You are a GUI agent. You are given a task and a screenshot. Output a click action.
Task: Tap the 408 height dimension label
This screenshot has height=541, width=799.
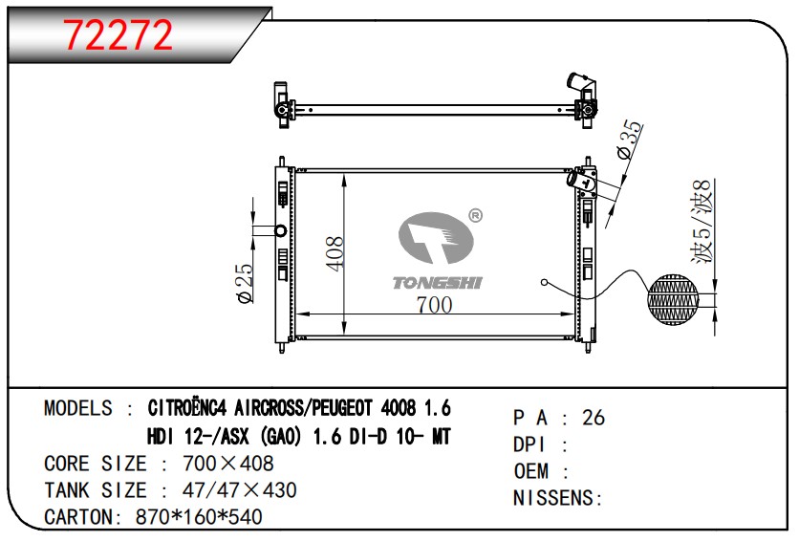tap(335, 253)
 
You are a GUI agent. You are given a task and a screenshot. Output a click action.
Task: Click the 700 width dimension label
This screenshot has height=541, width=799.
tap(434, 305)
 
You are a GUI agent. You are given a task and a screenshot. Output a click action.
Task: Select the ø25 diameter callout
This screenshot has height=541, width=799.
tap(245, 283)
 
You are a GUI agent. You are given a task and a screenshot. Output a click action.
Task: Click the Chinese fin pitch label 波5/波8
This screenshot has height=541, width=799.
tap(702, 223)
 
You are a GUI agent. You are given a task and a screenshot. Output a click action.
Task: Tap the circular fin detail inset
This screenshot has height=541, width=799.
tap(674, 299)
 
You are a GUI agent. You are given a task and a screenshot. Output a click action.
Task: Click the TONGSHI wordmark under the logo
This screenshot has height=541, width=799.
tap(437, 283)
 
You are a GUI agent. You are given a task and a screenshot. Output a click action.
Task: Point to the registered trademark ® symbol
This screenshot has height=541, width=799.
tap(475, 215)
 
